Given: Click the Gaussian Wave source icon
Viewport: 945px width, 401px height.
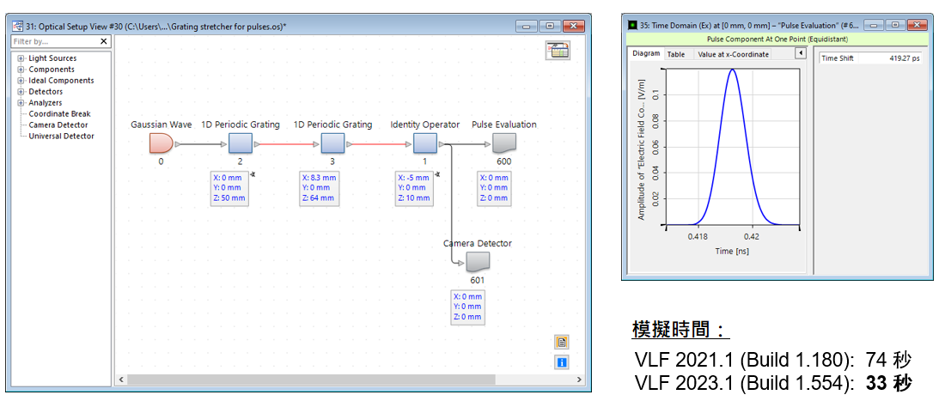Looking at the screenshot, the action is pos(161,144).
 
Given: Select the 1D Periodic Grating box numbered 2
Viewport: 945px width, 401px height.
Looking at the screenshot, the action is pos(240,144).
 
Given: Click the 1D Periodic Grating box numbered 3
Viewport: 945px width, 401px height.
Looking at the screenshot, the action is pos(332,144).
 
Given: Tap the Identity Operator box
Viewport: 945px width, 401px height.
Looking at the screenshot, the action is pos(425,144).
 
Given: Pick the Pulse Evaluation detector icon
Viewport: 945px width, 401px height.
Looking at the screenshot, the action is pos(503,144).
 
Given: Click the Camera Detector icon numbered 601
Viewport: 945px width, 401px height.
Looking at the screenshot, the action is pos(478,262).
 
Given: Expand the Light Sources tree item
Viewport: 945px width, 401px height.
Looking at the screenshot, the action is pos(21,58).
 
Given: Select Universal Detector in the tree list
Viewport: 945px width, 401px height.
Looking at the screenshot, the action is pos(62,136).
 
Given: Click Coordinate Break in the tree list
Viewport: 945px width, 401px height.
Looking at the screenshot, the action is pos(59,114).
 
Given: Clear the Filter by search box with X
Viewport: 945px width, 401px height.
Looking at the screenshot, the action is pos(104,41).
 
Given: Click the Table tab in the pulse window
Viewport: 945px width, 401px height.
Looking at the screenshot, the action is pos(675,54).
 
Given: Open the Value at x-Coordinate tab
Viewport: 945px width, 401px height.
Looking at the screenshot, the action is pos(733,54).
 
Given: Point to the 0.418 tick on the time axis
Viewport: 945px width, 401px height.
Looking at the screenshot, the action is pos(698,236).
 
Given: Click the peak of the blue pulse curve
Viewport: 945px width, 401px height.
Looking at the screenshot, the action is pos(732,70).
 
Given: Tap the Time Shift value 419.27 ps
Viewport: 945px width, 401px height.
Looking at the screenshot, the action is pos(904,58).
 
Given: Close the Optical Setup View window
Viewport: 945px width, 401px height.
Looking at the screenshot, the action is pos(574,27).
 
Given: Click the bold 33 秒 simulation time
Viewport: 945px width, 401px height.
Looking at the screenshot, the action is pos(888,383).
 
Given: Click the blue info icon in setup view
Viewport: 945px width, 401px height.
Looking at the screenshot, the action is pos(562,362).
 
